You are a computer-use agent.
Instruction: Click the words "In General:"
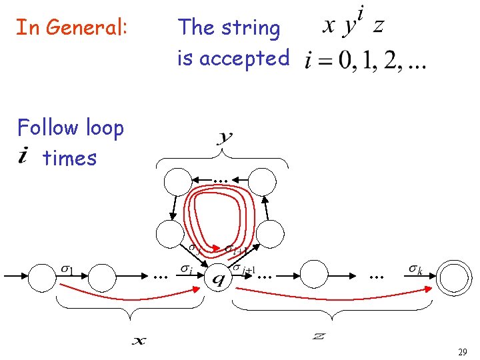(x=71, y=28)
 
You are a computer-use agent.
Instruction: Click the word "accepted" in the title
(x=244, y=59)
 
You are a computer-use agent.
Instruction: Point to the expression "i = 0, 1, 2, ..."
(x=365, y=61)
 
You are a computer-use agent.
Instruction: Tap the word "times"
(x=70, y=159)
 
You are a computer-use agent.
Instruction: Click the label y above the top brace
(x=225, y=138)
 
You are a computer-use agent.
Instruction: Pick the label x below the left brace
(x=139, y=341)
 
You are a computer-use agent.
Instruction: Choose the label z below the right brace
(x=319, y=335)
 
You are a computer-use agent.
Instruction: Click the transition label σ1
(x=67, y=269)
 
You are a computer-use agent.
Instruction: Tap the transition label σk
(x=415, y=269)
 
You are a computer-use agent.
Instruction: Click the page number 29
(x=462, y=351)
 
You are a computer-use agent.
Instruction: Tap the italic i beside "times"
(x=23, y=156)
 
